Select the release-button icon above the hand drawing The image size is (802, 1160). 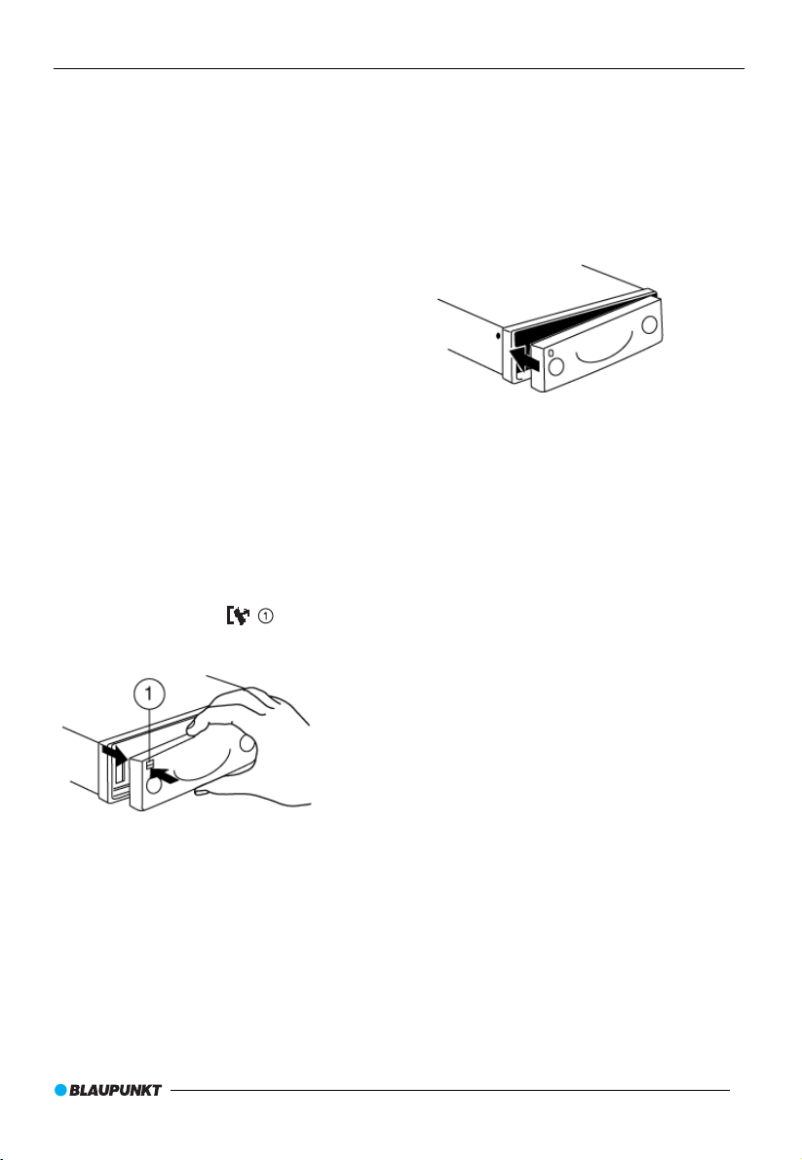(x=238, y=616)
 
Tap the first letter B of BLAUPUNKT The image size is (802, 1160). (x=74, y=1090)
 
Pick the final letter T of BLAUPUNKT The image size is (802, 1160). (x=157, y=1090)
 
